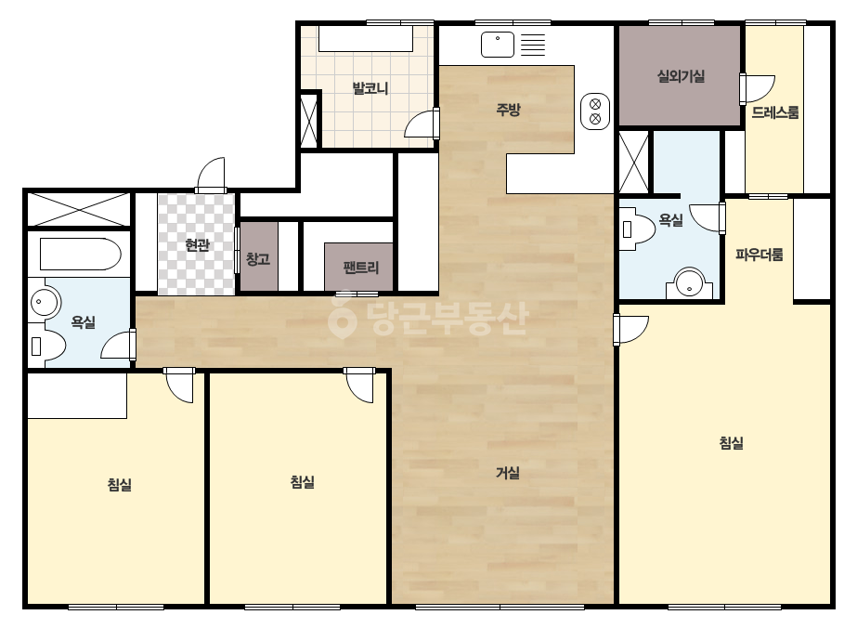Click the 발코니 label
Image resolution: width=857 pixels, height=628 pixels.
pos(370,88)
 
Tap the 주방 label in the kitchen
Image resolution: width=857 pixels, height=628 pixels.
pos(508,110)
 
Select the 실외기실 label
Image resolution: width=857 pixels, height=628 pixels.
pos(681,76)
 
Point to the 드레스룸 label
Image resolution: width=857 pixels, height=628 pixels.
pos(775,112)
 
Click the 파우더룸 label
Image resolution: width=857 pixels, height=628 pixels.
pos(760,255)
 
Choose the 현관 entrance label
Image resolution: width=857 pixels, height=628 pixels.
pos(197,245)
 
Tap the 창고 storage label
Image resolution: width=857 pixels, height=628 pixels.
pos(258,259)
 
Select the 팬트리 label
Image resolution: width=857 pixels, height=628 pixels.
pos(361,268)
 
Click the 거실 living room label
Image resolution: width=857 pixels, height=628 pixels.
pos(508,473)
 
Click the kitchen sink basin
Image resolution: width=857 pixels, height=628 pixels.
pos(498,45)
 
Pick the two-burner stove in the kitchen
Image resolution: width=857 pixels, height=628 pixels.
pos(595,111)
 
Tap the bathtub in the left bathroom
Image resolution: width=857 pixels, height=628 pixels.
pos(81,254)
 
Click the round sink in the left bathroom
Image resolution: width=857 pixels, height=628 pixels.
pos(44,301)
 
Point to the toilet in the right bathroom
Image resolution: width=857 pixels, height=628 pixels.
pos(636,229)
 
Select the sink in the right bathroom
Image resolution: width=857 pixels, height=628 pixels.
pos(689,282)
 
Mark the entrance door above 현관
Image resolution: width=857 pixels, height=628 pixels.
pos(211,175)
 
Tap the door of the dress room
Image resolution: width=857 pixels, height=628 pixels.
pos(758,88)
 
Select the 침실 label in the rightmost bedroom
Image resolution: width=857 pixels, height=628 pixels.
pos(732,442)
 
